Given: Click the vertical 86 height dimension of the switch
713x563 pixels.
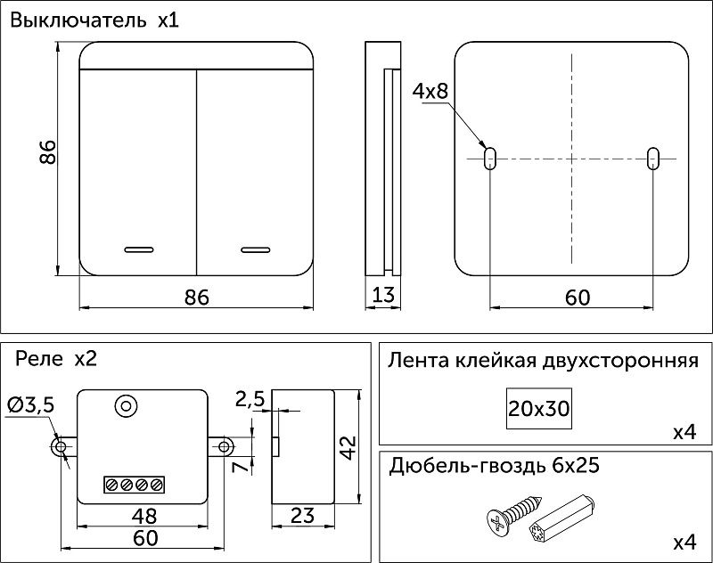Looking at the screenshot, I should pyautogui.click(x=48, y=152).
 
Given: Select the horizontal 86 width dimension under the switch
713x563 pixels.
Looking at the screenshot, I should pyautogui.click(x=196, y=298).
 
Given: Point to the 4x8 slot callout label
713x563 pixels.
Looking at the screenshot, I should pyautogui.click(x=429, y=91).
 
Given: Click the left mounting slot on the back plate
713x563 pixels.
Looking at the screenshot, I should pyautogui.click(x=489, y=159).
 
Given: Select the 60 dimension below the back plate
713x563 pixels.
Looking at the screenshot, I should pyautogui.click(x=577, y=298).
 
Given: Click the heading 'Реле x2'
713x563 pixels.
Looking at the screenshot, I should pyautogui.click(x=55, y=359).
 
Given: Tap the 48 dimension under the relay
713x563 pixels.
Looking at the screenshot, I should pyautogui.click(x=143, y=516).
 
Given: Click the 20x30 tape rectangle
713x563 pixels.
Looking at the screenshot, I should pyautogui.click(x=539, y=409).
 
